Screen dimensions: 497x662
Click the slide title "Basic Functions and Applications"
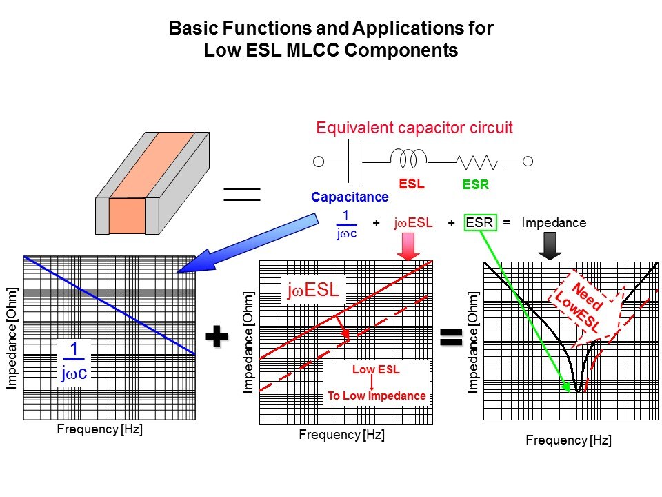click(331, 29)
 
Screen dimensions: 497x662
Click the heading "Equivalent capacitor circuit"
click(414, 128)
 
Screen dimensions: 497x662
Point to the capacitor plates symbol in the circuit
click(357, 162)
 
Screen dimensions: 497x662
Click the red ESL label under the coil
click(411, 185)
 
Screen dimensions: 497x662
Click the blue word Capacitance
click(350, 197)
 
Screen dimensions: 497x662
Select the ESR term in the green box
click(479, 223)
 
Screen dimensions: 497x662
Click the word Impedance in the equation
click(554, 223)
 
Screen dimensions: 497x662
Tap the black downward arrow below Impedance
click(550, 246)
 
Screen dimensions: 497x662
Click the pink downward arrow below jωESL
click(409, 246)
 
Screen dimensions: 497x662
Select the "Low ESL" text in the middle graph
click(376, 370)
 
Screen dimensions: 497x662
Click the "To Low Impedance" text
click(377, 396)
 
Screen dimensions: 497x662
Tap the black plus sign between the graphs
click(217, 336)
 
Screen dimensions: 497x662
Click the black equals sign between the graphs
click(450, 336)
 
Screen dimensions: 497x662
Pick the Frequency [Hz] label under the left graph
click(99, 429)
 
